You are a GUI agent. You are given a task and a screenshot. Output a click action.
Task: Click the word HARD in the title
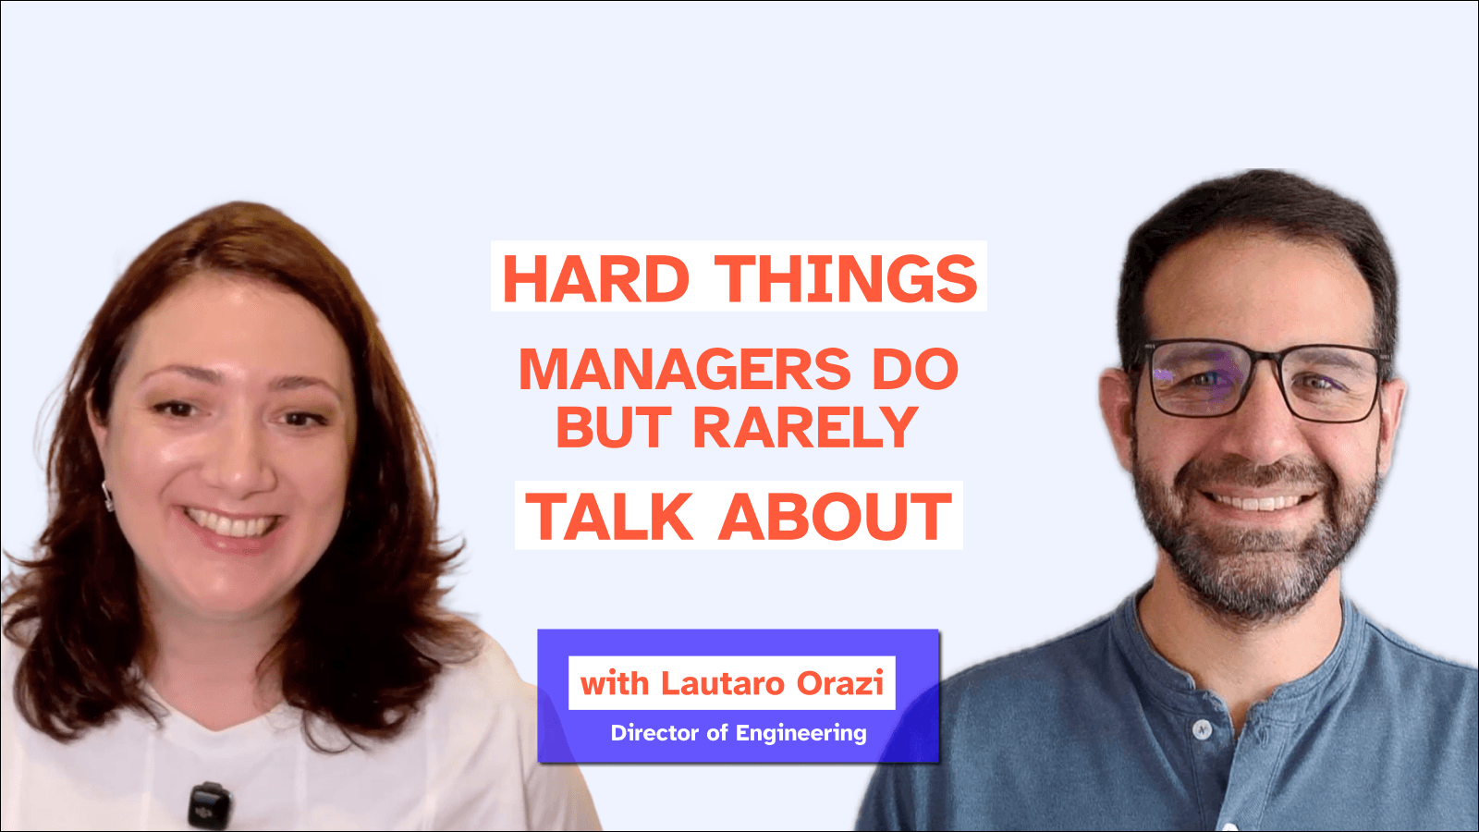pyautogui.click(x=596, y=279)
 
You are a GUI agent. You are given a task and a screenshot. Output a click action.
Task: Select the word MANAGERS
pyautogui.click(x=684, y=370)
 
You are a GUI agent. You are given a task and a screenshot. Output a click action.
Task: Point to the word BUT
pyautogui.click(x=613, y=427)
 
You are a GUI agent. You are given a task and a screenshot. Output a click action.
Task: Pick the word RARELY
pyautogui.click(x=805, y=427)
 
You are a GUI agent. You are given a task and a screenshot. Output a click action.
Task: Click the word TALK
pyautogui.click(x=609, y=517)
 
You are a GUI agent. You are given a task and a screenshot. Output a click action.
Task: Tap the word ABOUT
pyautogui.click(x=836, y=517)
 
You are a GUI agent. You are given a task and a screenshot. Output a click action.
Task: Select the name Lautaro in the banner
pyautogui.click(x=723, y=683)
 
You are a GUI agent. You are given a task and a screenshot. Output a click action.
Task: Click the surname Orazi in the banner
pyautogui.click(x=840, y=683)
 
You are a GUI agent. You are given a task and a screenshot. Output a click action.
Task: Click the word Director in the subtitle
pyautogui.click(x=654, y=733)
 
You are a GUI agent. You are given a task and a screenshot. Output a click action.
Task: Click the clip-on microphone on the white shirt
pyautogui.click(x=209, y=804)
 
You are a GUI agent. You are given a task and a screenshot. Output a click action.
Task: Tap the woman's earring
pyautogui.click(x=108, y=497)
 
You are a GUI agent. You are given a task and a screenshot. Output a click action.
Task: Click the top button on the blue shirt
pyautogui.click(x=1202, y=730)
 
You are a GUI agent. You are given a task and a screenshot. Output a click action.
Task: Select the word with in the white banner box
pyautogui.click(x=615, y=683)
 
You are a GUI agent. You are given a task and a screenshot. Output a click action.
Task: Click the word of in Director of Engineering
pyautogui.click(x=717, y=733)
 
